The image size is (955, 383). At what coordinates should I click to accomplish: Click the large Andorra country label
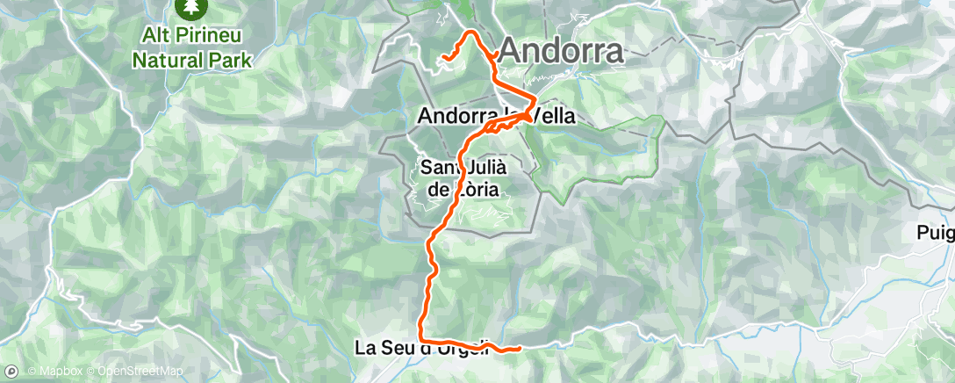562,51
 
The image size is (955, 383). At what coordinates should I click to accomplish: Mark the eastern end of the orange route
521,349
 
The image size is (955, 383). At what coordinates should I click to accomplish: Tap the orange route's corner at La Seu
422,339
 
